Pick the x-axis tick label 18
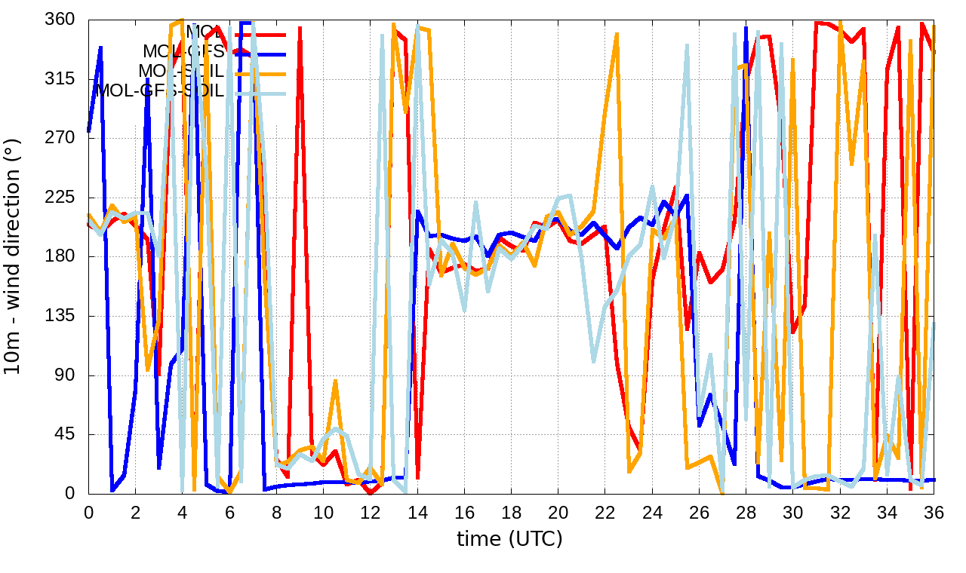(511, 512)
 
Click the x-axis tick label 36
(934, 512)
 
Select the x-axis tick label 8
(276, 512)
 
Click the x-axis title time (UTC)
(510, 539)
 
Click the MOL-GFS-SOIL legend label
(160, 90)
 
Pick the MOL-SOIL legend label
(181, 72)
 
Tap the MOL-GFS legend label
(183, 52)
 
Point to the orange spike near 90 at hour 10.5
(335, 381)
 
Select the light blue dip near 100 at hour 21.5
(593, 361)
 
